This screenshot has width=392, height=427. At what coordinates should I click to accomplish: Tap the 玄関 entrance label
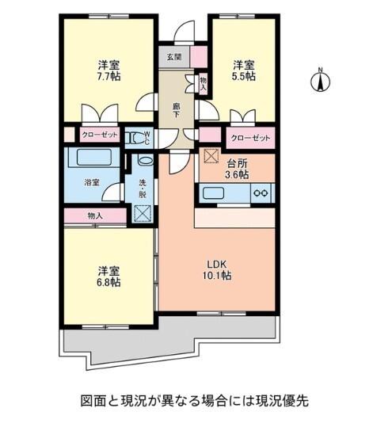click(174, 57)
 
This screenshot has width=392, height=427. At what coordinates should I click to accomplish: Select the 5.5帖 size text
click(244, 77)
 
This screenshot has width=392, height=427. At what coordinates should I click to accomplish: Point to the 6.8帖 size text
click(108, 282)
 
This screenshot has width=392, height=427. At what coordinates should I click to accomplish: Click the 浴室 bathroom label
click(93, 182)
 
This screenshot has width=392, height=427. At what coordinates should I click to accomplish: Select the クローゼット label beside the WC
click(100, 136)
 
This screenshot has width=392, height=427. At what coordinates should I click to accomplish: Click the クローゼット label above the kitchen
click(250, 138)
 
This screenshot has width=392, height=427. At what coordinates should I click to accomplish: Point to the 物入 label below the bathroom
click(95, 215)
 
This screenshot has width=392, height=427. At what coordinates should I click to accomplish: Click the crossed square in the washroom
click(143, 213)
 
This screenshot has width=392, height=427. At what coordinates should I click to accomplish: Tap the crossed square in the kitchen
click(210, 155)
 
